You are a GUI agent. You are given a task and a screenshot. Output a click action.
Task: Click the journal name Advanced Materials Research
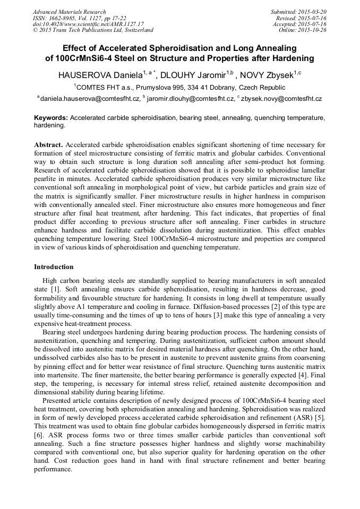(69, 12)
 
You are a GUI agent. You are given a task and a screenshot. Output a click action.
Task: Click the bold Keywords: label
(51, 118)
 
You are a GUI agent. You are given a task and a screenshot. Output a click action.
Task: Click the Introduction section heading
(54, 267)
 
